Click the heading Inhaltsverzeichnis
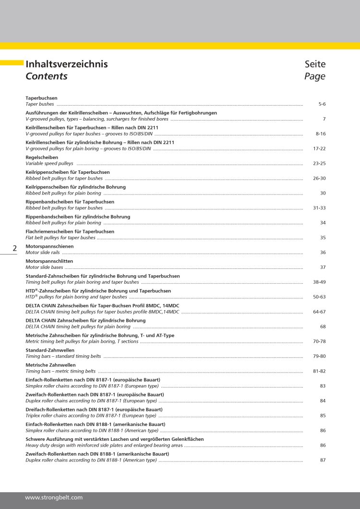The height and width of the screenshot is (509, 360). coord(67,64)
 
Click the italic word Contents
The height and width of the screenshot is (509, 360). coord(47,76)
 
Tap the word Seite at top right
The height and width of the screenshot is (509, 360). coord(315,64)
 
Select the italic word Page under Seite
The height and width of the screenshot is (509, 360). coord(315,76)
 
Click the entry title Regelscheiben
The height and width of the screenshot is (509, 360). coord(42,158)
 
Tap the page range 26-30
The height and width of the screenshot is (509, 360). coord(319,178)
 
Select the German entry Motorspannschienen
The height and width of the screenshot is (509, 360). coord(49,246)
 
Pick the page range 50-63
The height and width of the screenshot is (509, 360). coord(319,297)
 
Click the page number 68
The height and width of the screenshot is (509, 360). coord(323,327)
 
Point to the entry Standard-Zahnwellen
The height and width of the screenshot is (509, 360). coord(50,351)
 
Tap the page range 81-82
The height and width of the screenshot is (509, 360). coord(319,371)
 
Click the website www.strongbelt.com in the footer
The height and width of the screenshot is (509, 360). coord(54,498)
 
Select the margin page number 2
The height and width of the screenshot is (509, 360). coord(14,248)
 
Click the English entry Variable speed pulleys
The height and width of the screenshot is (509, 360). coord(49,164)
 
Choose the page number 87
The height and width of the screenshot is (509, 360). coord(323,460)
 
